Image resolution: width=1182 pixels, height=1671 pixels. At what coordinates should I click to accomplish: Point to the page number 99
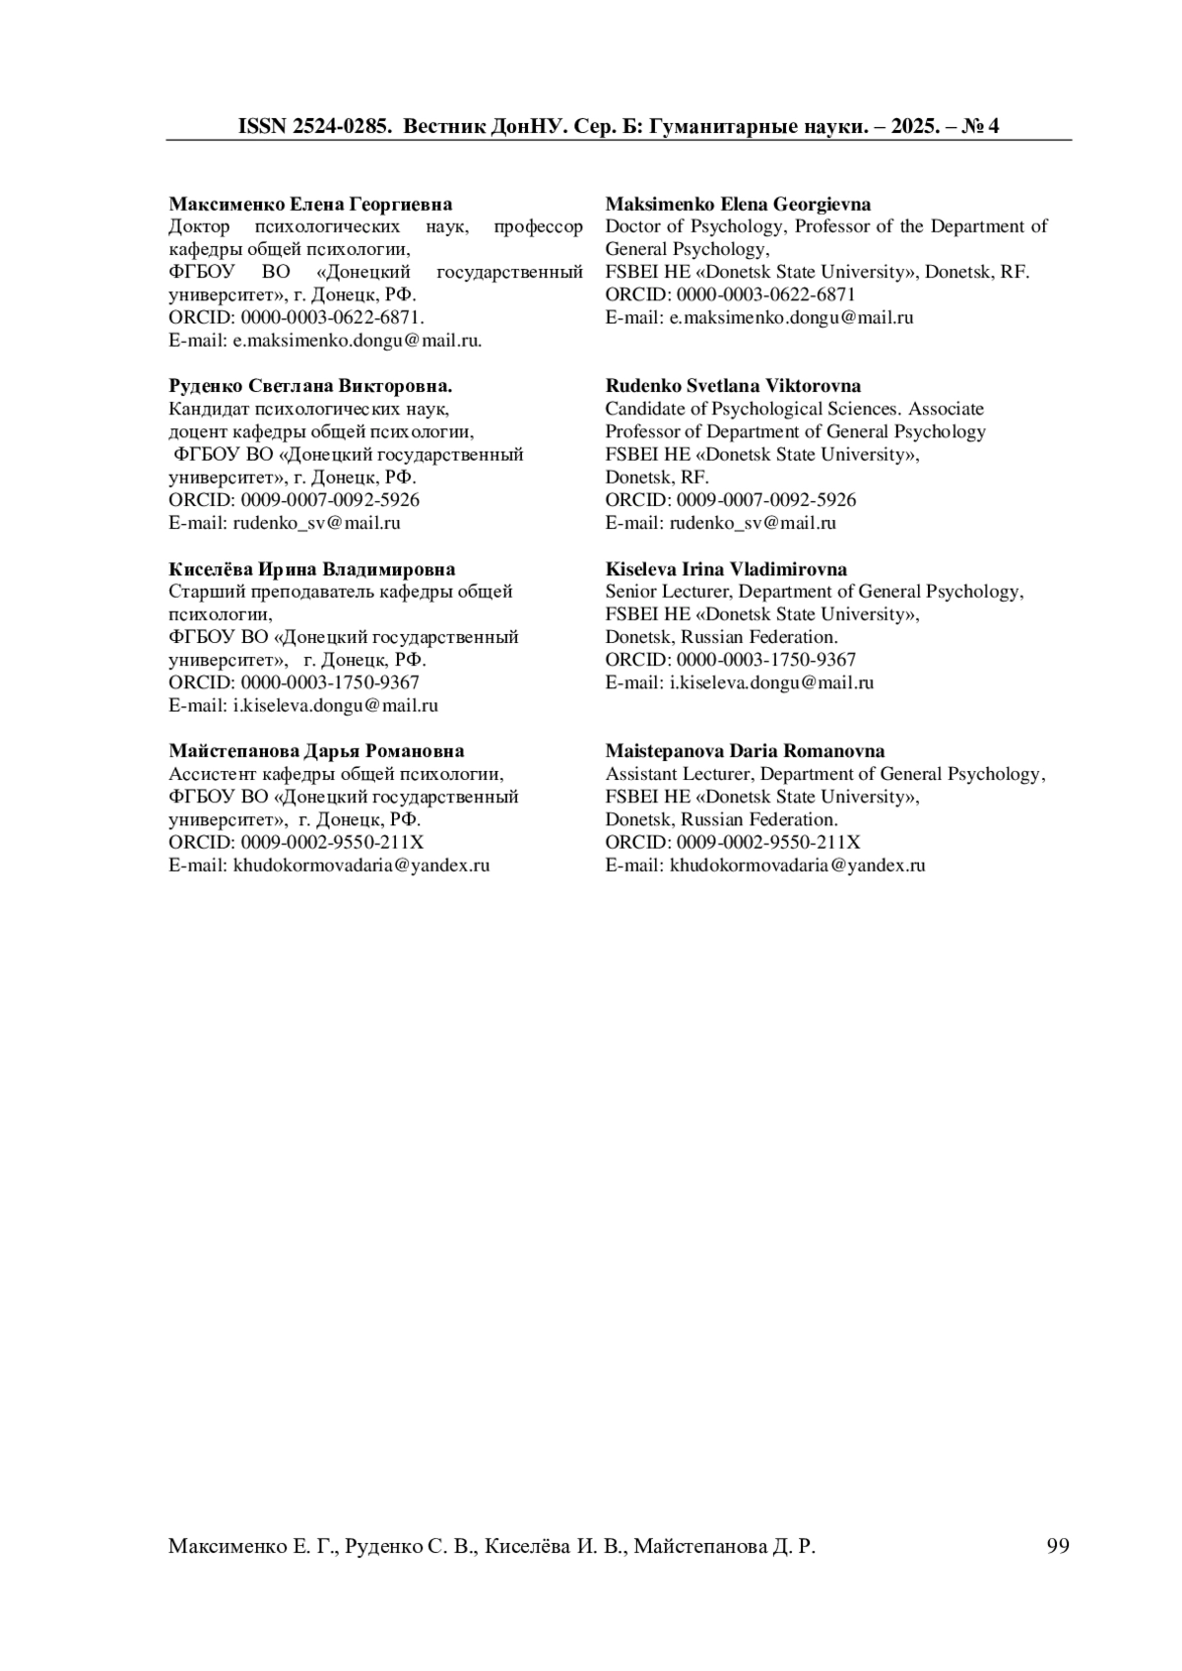point(1057,1546)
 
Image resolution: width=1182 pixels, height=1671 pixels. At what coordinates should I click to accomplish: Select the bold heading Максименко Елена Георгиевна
point(310,204)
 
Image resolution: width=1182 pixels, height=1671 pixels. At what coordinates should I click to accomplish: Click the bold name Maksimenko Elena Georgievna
point(738,204)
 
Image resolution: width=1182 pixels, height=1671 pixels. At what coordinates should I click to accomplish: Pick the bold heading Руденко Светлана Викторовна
point(310,386)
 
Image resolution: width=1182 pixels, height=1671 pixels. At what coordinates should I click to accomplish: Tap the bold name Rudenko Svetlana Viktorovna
point(733,386)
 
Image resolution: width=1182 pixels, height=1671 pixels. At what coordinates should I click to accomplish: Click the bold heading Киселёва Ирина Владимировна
point(312,569)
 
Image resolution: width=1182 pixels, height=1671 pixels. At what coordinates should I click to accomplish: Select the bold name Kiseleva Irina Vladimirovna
point(726,569)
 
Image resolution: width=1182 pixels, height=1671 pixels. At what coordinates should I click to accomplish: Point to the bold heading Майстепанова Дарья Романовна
point(316,751)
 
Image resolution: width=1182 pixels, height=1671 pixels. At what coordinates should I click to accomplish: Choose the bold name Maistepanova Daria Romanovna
point(745,751)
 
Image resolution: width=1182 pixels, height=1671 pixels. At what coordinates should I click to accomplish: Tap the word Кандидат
point(210,409)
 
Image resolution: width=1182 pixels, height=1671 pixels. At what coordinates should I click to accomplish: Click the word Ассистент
point(211,774)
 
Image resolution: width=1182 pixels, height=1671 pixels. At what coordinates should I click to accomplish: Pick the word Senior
point(630,592)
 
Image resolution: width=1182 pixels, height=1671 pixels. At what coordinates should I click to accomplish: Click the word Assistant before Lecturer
point(642,774)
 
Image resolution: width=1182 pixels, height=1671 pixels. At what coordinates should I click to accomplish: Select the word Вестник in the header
point(442,126)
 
